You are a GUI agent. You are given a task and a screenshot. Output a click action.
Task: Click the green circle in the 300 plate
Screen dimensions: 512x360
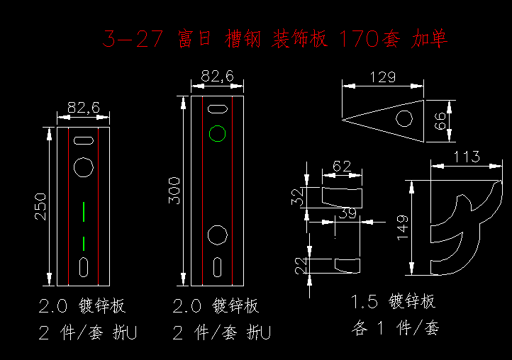coord(217,125)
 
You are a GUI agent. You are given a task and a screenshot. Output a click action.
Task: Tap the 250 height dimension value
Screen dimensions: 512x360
coord(41,207)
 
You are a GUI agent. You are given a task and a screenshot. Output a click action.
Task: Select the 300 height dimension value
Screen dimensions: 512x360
coord(174,191)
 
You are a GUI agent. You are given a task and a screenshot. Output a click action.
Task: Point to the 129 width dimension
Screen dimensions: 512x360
coord(383,77)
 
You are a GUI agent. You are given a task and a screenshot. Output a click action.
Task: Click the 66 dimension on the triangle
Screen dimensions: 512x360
coord(440,121)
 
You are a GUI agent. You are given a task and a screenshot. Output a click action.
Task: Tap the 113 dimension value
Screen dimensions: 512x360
coord(467,157)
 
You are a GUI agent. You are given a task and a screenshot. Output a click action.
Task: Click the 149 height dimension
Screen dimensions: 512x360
coord(403,227)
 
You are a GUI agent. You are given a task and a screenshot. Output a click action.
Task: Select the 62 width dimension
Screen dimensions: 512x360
coord(342,167)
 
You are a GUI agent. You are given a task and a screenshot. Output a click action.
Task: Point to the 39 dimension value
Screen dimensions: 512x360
coord(347,213)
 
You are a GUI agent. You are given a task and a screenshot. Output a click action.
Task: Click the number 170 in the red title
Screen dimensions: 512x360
coord(360,38)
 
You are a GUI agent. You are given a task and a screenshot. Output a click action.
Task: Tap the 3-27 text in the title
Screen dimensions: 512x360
coord(133,38)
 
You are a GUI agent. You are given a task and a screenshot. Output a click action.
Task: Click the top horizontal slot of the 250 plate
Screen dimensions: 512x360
coord(84,137)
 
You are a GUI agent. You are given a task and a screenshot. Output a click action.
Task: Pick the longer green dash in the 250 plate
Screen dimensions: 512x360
coord(84,212)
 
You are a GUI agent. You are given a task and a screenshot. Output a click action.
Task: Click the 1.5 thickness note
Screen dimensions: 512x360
coord(364,301)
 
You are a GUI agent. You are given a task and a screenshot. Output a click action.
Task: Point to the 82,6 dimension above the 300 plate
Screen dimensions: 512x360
coord(217,76)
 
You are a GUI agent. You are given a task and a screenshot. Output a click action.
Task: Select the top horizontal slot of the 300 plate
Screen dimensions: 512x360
coord(218,105)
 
